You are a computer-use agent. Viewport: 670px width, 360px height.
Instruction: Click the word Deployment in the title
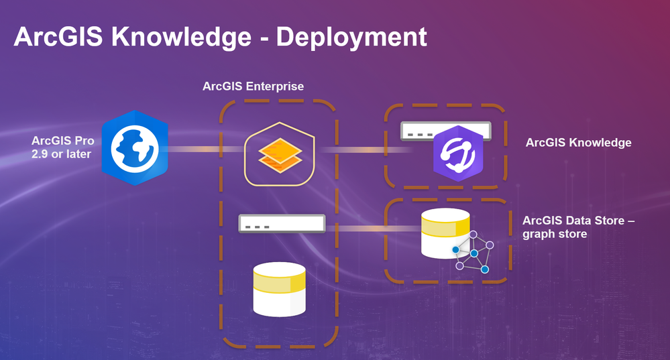pos(351,38)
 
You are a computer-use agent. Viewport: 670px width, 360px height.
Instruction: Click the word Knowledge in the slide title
pos(181,37)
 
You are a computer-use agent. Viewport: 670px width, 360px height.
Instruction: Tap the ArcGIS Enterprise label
pos(253,86)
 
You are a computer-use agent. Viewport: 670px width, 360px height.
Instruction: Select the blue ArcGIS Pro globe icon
pos(135,147)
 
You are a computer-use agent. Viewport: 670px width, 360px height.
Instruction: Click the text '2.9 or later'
pos(61,154)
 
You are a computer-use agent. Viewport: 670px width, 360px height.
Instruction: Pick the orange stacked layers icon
pos(280,155)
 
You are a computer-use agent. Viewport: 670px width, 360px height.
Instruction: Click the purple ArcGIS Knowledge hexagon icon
pos(458,154)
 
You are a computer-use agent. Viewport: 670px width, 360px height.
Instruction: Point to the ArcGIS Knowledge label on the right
pos(579,143)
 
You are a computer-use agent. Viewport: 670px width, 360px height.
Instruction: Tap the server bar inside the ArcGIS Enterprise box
pos(282,223)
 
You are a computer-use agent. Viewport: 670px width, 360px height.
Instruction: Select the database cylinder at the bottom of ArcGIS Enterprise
pos(280,289)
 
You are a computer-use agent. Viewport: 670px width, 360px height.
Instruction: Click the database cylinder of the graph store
pos(445,233)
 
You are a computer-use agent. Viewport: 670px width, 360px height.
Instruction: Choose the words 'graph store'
pos(555,234)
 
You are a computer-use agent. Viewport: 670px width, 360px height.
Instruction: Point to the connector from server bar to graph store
pos(374,229)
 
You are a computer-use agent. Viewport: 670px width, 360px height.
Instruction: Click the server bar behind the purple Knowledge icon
pos(445,131)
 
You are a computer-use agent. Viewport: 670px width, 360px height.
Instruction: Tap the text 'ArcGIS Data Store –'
pos(579,221)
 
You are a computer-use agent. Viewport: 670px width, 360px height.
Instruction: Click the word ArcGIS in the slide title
pos(58,37)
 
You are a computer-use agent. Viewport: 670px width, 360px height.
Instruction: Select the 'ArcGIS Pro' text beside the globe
pos(63,141)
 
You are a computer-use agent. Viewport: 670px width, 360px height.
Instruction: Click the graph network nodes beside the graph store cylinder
pos(473,252)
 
